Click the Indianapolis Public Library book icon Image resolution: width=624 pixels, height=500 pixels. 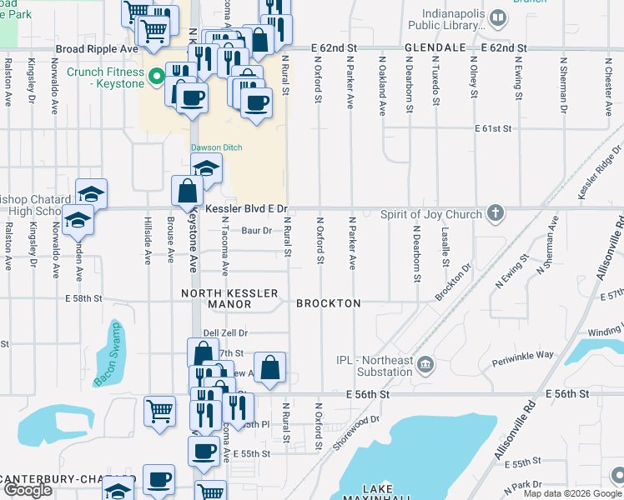click(498, 17)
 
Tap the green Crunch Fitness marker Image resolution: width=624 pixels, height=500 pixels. click(156, 78)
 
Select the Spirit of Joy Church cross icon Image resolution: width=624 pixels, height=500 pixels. click(496, 214)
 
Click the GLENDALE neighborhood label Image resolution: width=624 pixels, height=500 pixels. click(434, 49)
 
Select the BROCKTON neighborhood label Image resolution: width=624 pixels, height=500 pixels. click(329, 303)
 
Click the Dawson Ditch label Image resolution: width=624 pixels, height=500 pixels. click(216, 147)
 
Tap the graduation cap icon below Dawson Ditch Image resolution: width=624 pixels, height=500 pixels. click(206, 167)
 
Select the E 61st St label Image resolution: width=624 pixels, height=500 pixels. click(492, 129)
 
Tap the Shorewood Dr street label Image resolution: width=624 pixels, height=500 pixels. click(357, 432)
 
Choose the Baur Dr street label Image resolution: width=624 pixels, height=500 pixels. click(257, 230)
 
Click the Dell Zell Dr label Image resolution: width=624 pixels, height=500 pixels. click(226, 332)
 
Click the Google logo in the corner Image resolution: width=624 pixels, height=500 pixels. click(27, 490)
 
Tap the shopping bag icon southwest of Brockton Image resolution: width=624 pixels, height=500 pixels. click(269, 367)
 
